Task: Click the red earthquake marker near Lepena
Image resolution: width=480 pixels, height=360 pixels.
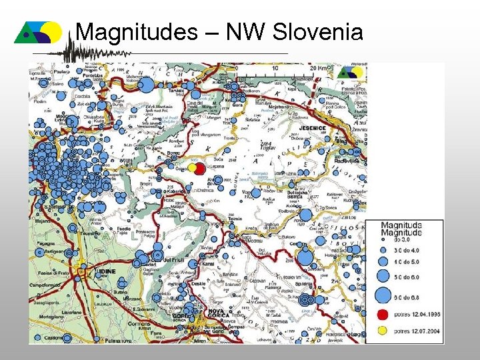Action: coord(199,169)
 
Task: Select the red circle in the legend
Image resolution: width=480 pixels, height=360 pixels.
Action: coord(383,314)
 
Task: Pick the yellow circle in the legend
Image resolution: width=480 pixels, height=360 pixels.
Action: coord(383,329)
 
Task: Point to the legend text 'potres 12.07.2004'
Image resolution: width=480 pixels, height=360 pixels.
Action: coord(417,330)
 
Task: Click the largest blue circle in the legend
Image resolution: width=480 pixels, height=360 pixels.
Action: coord(383,294)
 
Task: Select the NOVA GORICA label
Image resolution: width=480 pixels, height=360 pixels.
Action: coord(217,314)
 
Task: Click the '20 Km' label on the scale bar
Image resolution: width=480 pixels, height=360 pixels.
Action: coord(317,67)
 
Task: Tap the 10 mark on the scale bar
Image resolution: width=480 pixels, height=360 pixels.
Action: coord(275,67)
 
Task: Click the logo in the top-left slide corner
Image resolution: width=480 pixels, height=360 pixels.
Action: coord(38,31)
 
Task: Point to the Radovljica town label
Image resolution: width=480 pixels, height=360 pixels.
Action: coord(350,161)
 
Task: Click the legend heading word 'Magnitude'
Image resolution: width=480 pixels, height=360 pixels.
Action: coord(401,233)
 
